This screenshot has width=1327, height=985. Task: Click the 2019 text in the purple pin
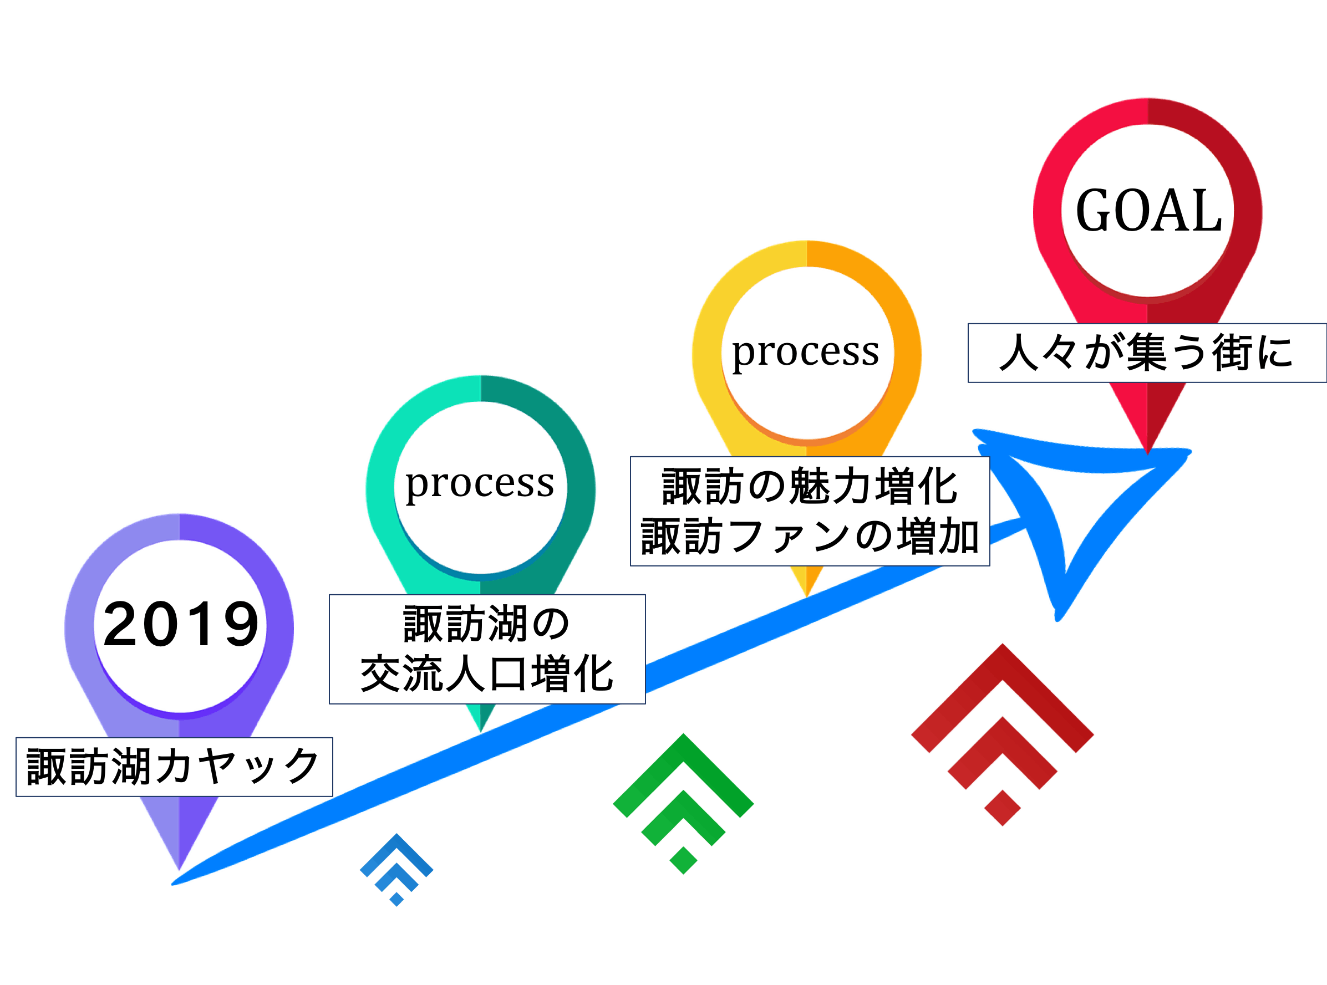click(181, 624)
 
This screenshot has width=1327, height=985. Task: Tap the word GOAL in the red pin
click(1148, 211)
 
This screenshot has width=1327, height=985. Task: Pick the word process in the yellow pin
click(806, 352)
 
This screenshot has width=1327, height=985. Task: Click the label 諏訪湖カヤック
click(174, 767)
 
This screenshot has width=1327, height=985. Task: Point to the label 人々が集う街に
click(1146, 353)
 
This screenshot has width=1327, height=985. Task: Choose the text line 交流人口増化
click(487, 675)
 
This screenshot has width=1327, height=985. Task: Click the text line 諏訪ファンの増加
click(809, 537)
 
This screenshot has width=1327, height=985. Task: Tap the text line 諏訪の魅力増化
click(809, 487)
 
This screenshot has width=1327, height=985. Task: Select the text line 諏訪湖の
click(487, 624)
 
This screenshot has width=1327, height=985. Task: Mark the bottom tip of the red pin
click(1147, 451)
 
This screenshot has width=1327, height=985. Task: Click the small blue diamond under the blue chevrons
click(396, 899)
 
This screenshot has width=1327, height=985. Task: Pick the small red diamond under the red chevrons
click(1002, 808)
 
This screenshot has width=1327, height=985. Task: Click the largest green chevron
click(684, 769)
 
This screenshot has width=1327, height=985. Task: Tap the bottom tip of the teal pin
click(481, 730)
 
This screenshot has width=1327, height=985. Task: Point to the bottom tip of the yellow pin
click(806, 595)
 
